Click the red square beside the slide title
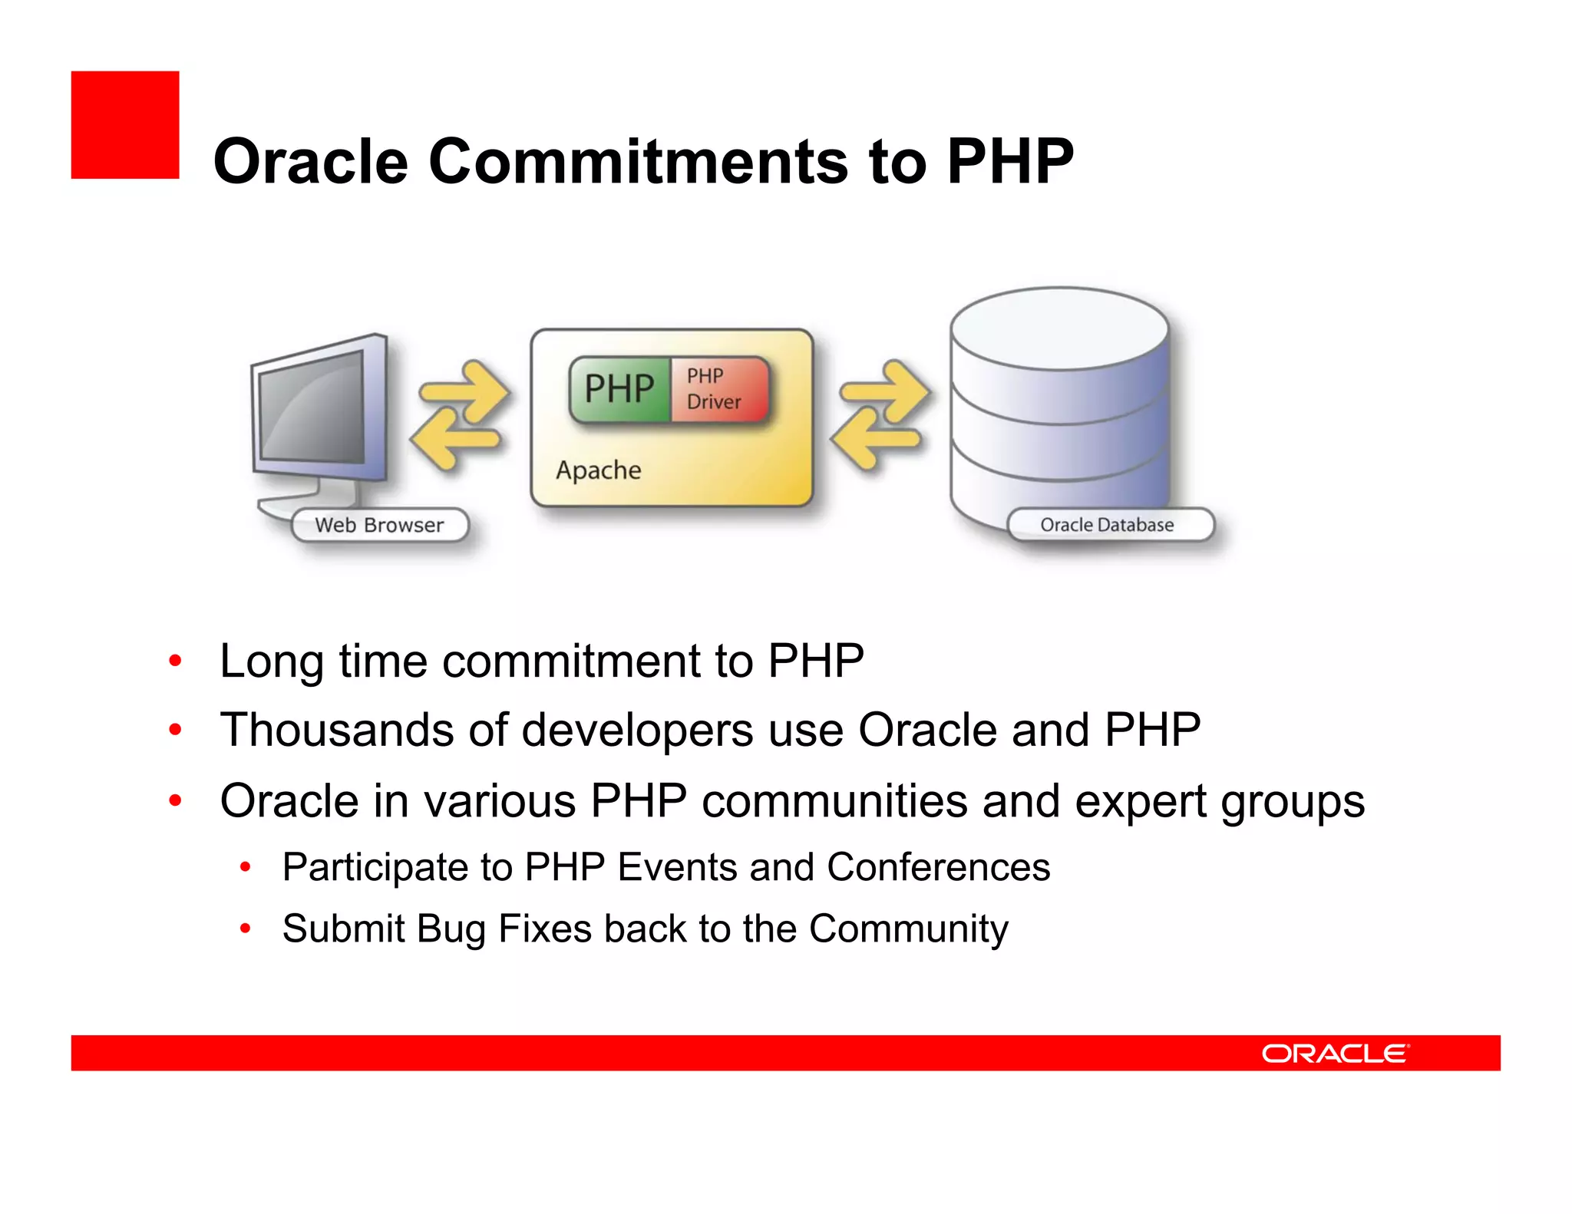click(125, 125)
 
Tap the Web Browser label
click(379, 526)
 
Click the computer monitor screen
click(311, 407)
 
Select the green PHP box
click(619, 389)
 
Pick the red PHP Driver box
click(717, 389)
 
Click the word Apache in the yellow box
click(599, 470)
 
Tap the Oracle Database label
click(1107, 526)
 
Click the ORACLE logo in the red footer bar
click(1334, 1053)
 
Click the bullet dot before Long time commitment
click(176, 661)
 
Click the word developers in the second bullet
click(637, 730)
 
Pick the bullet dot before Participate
click(246, 868)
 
